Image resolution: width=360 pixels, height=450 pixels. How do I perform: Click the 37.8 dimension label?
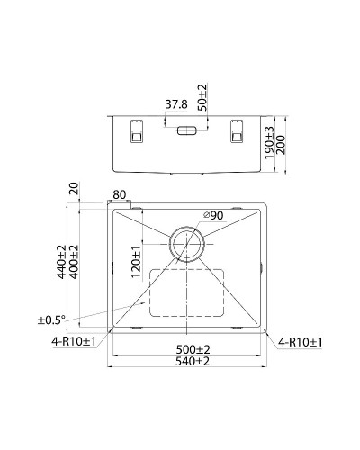(176, 103)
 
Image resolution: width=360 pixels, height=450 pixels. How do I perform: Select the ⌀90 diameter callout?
(213, 215)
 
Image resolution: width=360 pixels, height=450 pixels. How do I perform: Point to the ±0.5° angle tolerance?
(50, 319)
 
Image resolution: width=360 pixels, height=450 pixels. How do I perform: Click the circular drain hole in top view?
(187, 240)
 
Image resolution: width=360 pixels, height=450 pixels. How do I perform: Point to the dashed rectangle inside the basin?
(187, 292)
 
